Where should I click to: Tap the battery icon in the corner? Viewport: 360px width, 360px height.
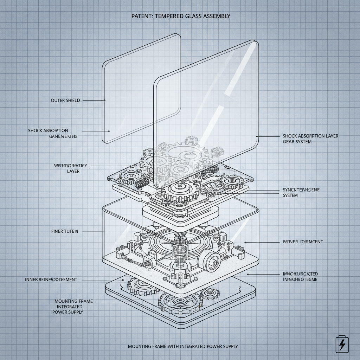coord(341,344)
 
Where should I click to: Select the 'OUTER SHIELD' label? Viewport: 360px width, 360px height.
coord(65,101)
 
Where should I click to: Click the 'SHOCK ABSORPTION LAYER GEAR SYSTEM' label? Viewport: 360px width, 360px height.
coord(310,139)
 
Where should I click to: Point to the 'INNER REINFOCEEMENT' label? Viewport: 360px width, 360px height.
coord(51,279)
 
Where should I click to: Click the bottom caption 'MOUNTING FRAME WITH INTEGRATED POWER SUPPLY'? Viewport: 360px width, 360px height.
coord(183,346)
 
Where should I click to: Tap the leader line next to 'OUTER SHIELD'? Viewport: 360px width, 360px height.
coord(94,101)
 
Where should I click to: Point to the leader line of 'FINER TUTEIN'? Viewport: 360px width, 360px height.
coord(93,231)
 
